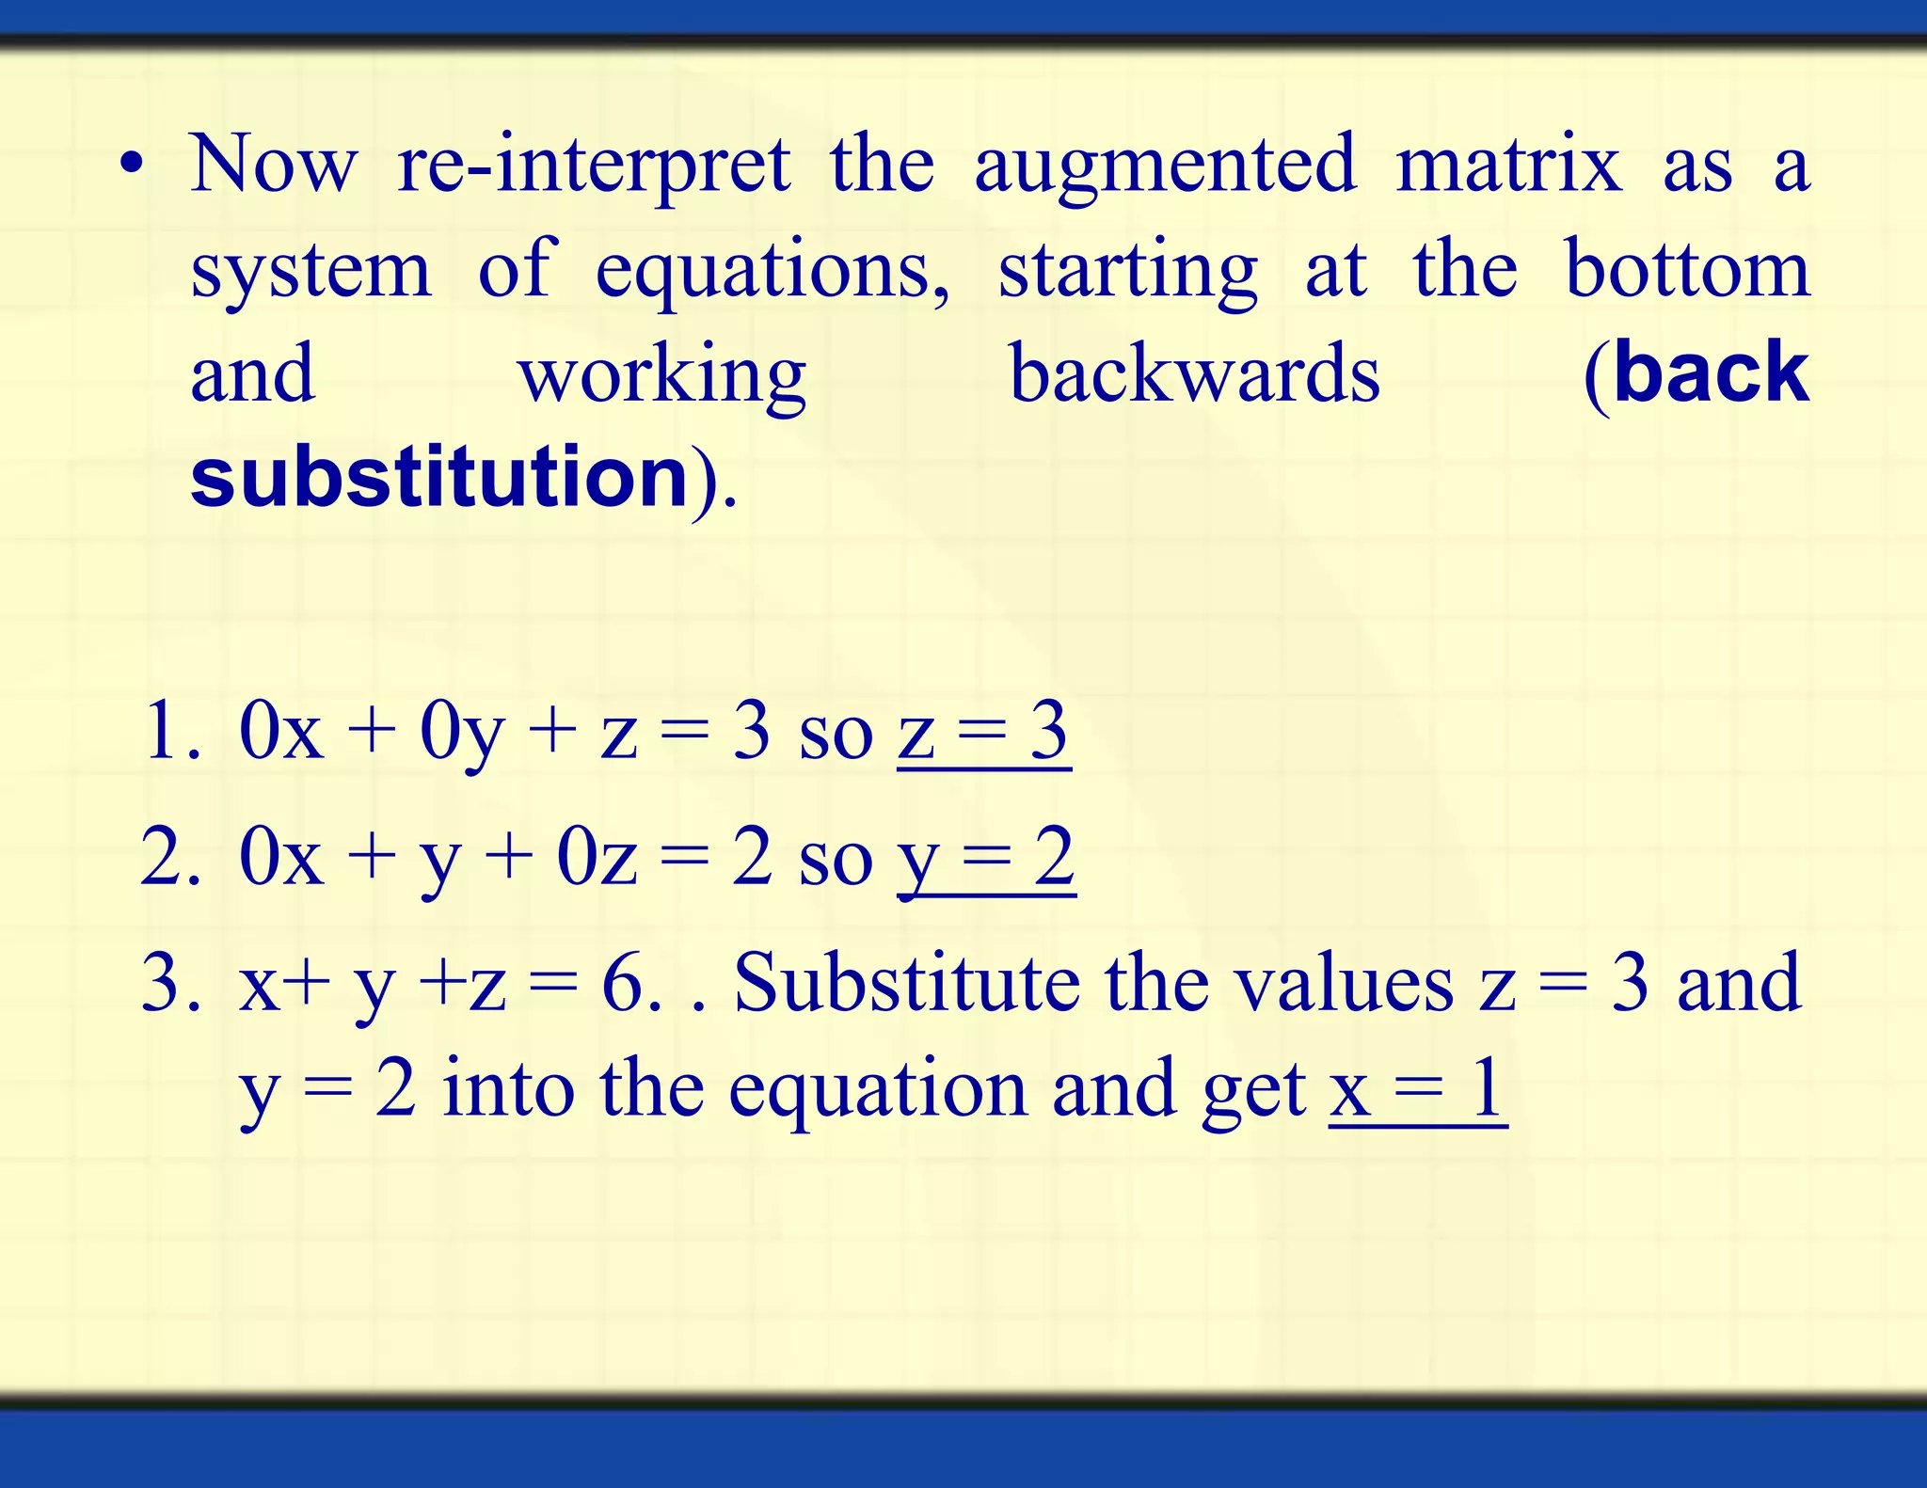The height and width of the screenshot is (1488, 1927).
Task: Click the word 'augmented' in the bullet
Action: (x=1165, y=167)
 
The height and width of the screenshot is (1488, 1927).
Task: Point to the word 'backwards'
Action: (x=1194, y=373)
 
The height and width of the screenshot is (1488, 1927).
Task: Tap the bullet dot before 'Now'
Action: (x=132, y=166)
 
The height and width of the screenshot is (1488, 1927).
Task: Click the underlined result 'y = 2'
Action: (x=986, y=858)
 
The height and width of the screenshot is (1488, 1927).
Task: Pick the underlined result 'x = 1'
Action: (x=1417, y=1088)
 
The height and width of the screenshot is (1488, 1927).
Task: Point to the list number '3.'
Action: (x=170, y=983)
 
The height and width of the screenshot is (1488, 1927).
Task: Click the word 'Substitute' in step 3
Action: (x=907, y=983)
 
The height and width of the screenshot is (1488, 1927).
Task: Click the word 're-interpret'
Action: (x=593, y=167)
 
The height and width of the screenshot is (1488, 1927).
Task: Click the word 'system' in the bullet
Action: (x=311, y=271)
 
